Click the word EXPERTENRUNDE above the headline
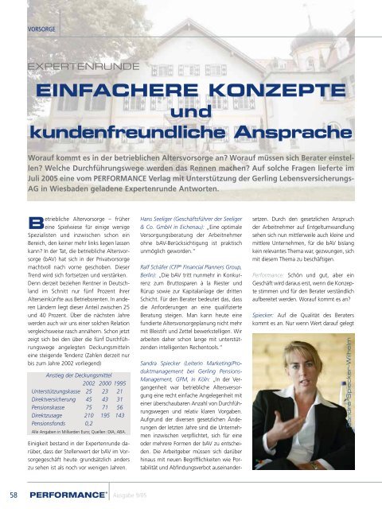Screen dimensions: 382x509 (x=76, y=69)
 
